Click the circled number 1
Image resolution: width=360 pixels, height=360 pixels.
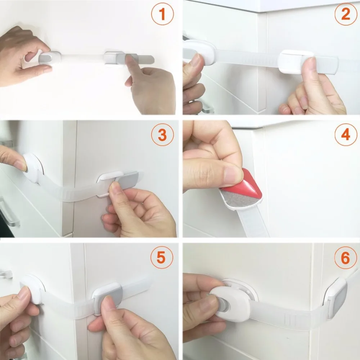[x=162, y=14]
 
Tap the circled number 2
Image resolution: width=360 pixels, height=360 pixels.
[x=346, y=14]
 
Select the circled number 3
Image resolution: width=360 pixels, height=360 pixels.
[x=162, y=135]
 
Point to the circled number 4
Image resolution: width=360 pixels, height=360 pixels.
[x=346, y=135]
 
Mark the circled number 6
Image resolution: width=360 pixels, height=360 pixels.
[x=345, y=258]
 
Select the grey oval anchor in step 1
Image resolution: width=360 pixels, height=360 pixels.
[x=49, y=58]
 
